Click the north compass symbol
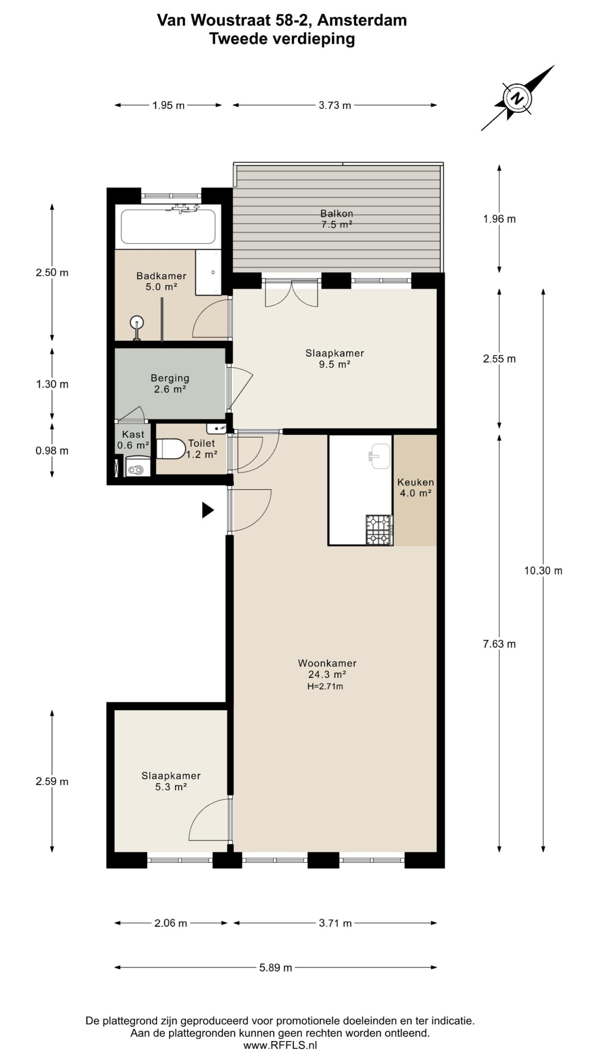(517, 98)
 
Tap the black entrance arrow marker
(208, 510)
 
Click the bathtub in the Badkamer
(168, 227)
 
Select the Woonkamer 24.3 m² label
(327, 669)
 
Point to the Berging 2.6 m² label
(170, 383)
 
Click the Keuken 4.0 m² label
(416, 487)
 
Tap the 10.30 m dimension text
(543, 571)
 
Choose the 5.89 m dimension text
(276, 967)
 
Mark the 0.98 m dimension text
(52, 451)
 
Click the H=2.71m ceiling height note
(325, 686)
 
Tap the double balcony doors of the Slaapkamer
(292, 293)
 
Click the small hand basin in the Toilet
(216, 428)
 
